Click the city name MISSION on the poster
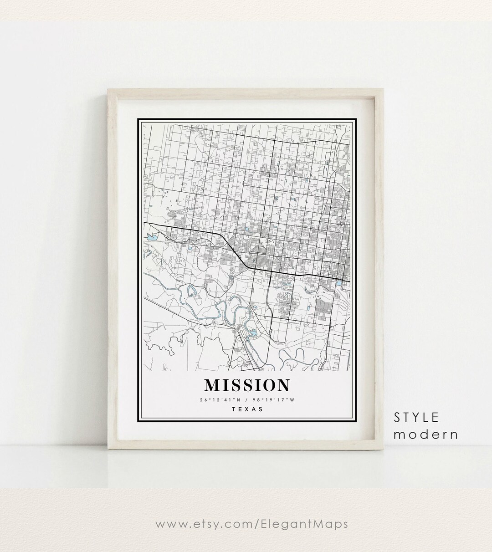pyautogui.click(x=246, y=385)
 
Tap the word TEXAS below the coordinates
pyautogui.click(x=247, y=409)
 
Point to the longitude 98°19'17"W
pyautogui.click(x=277, y=400)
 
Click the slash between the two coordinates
pyautogui.click(x=246, y=400)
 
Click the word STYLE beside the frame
pyautogui.click(x=416, y=417)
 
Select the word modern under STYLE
pyautogui.click(x=425, y=434)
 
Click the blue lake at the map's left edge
pyautogui.click(x=151, y=237)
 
